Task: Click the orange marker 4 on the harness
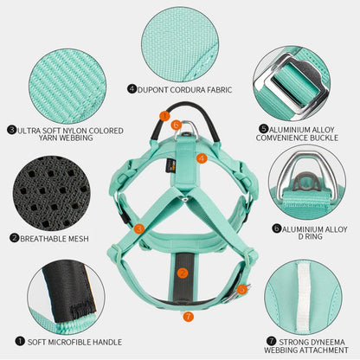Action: click(x=201, y=158)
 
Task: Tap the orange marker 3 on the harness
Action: click(x=139, y=229)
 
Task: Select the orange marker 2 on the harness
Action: click(x=183, y=273)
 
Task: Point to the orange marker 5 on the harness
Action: click(x=242, y=289)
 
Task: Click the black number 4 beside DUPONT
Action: click(x=132, y=87)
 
